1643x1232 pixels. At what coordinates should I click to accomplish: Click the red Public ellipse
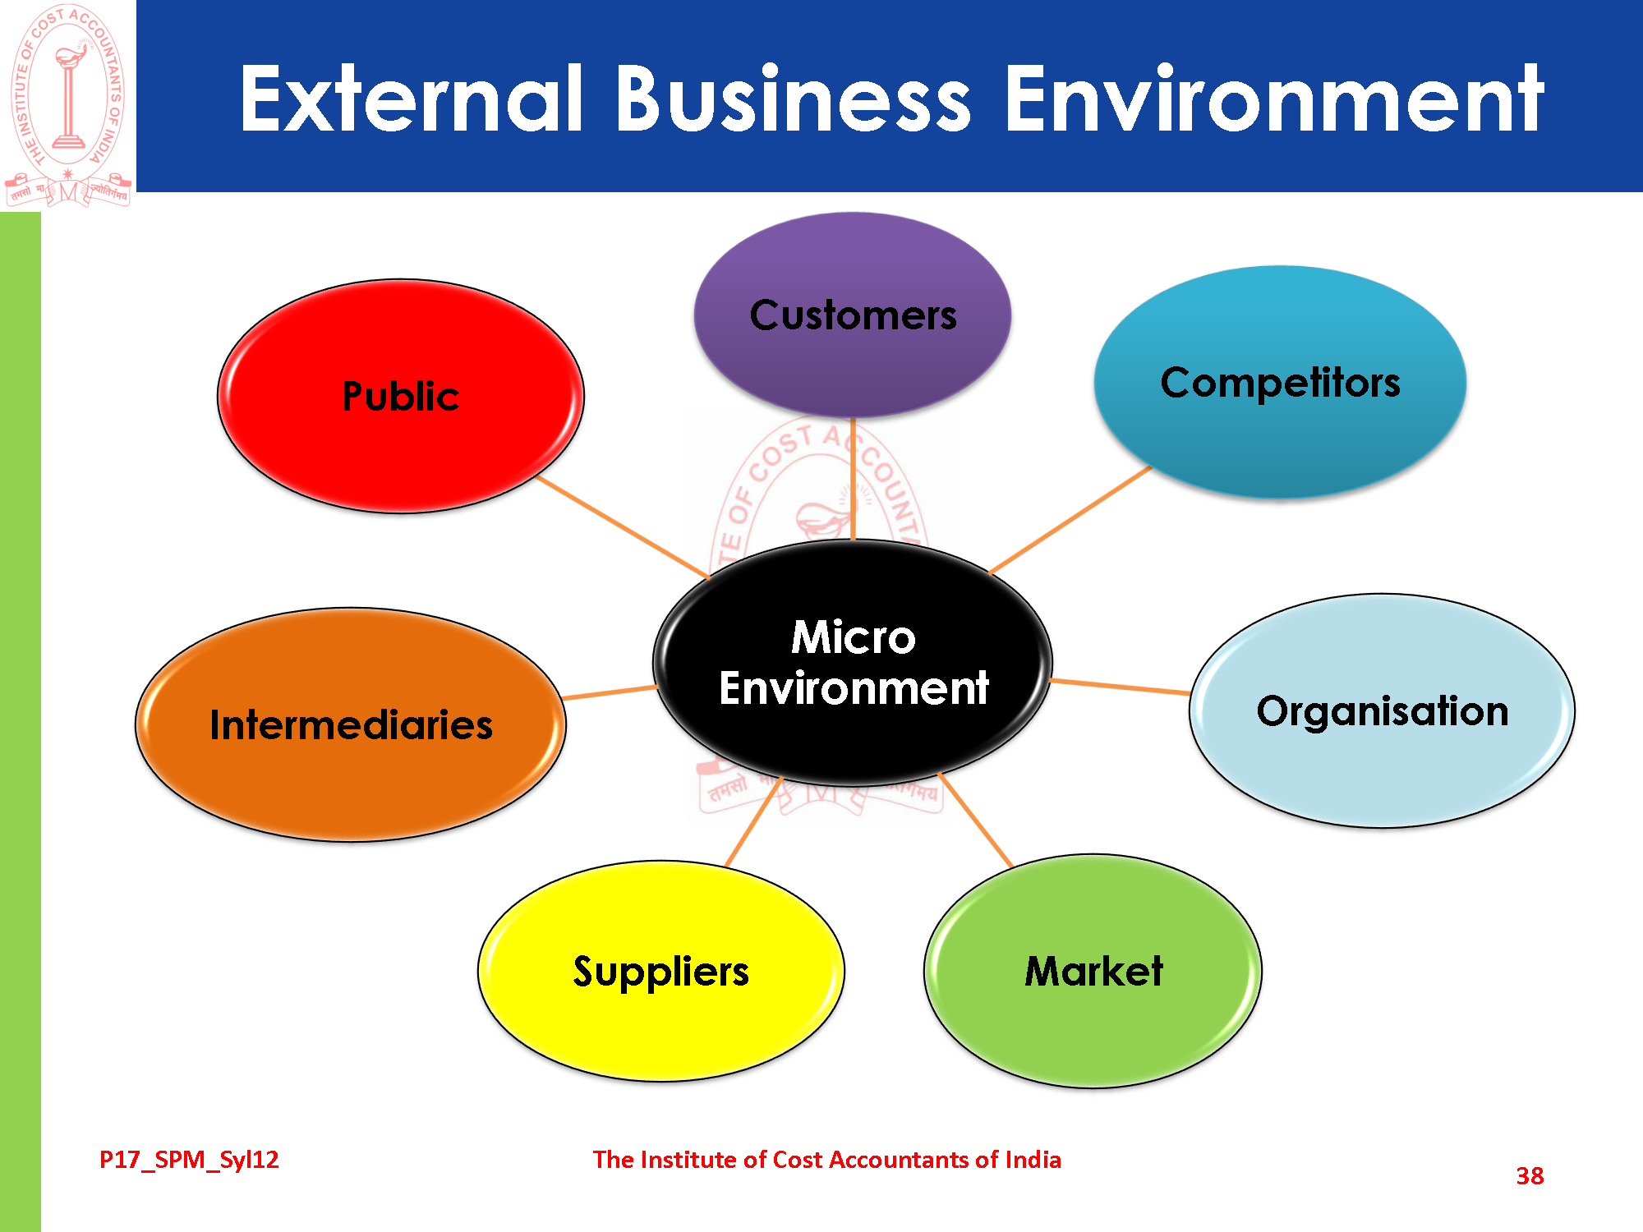[401, 396]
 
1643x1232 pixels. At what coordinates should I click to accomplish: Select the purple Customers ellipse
[853, 315]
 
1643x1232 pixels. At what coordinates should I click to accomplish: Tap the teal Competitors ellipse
[1280, 383]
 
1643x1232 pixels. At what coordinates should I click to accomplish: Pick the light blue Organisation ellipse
[1382, 711]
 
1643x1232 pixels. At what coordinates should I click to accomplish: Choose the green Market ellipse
[1093, 971]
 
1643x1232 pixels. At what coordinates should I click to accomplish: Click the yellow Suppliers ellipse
[661, 971]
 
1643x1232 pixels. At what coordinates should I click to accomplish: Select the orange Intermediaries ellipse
[351, 724]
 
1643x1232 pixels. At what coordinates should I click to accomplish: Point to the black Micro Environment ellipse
[853, 662]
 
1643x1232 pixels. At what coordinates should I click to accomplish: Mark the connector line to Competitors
[1070, 520]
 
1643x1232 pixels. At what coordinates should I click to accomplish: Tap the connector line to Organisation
[1121, 687]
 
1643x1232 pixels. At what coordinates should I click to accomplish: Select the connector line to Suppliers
[754, 821]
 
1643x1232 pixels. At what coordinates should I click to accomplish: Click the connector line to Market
[976, 820]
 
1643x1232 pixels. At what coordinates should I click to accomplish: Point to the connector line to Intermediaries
[610, 692]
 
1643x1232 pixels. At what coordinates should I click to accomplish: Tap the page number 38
[1530, 1176]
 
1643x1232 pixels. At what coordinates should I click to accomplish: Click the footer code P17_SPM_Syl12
[189, 1160]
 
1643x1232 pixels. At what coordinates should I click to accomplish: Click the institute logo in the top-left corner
[68, 104]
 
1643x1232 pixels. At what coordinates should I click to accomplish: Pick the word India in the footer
[1033, 1160]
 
